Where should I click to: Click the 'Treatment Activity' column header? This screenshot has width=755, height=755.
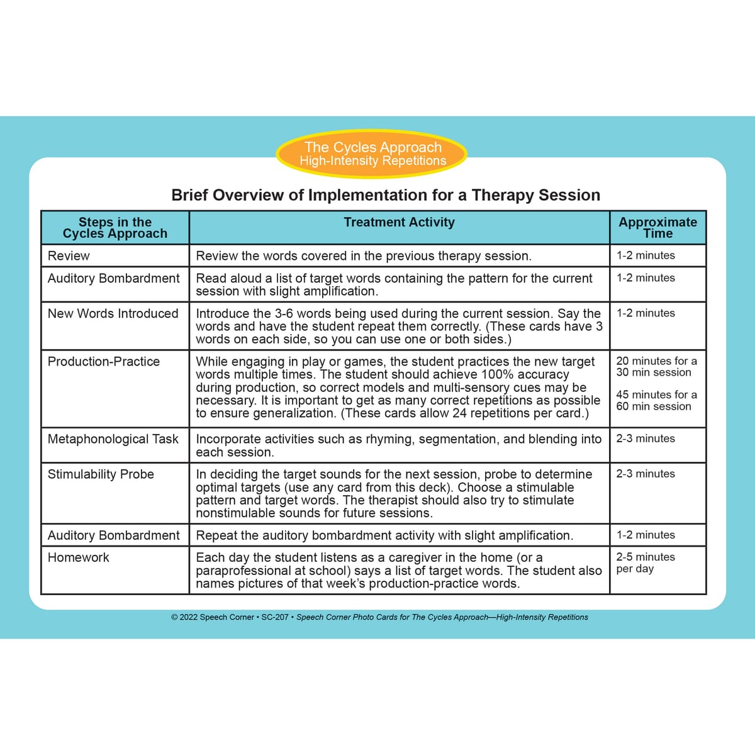coord(399,222)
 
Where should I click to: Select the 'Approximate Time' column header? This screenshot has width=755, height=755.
coord(657,227)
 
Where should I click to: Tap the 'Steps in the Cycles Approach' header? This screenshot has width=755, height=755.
coord(115,227)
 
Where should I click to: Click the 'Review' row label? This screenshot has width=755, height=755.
coord(69,255)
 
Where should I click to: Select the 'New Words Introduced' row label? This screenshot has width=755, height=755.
coord(113,313)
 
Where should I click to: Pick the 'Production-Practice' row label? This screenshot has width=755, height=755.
coord(104,361)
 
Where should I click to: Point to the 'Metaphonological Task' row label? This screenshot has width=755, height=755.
coord(113,439)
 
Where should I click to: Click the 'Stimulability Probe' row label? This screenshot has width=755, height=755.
coord(101,474)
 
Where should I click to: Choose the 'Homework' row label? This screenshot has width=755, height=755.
coord(78,557)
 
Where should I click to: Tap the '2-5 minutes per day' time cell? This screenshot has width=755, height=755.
coord(645,562)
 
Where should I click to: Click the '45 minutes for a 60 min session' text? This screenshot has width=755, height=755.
coord(656,400)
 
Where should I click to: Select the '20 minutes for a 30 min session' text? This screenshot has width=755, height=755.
coord(656,366)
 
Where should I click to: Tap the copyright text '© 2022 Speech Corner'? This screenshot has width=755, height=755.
coord(212,617)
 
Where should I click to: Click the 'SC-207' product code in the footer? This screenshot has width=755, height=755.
coord(274,617)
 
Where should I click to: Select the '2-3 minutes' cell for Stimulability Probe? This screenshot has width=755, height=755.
coord(645,474)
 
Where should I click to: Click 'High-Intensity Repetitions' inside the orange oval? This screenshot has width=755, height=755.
coord(372,161)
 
